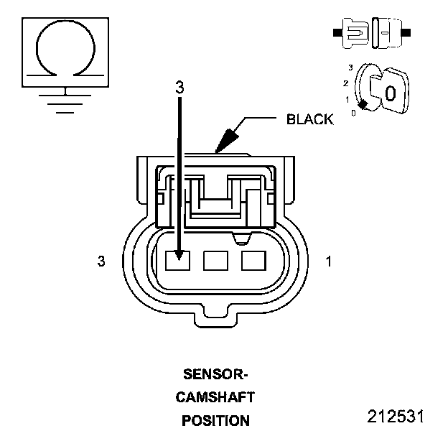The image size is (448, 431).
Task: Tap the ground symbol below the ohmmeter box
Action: tap(65, 99)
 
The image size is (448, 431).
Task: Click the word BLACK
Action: tap(309, 119)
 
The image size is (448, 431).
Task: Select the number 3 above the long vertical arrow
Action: tap(179, 87)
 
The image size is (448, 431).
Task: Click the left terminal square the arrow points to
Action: tap(177, 260)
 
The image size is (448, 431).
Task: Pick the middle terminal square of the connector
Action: tap(215, 260)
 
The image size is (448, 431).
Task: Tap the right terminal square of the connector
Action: tap(253, 260)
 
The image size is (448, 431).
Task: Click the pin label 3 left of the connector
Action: tap(101, 261)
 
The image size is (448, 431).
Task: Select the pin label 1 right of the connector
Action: tap(328, 261)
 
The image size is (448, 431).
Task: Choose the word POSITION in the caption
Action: tap(215, 420)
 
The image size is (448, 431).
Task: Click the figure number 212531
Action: tap(396, 416)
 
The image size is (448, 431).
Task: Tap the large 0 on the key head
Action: tap(390, 93)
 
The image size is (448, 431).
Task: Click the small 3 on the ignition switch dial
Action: tap(350, 68)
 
